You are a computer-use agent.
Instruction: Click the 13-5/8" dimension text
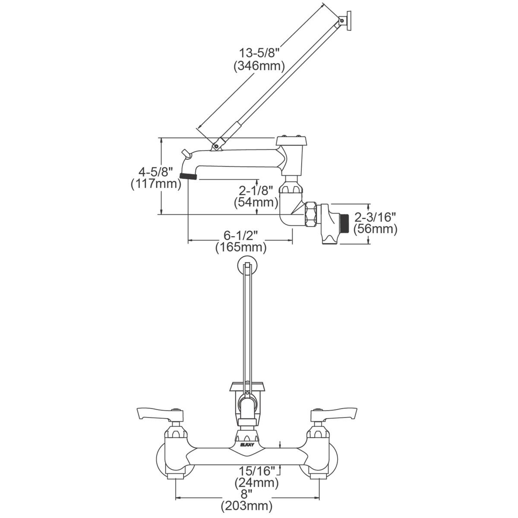(x=260, y=53)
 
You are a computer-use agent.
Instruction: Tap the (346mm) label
(x=259, y=66)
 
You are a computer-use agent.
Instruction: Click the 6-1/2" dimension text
(x=241, y=235)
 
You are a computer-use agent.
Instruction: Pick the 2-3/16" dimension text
(x=375, y=216)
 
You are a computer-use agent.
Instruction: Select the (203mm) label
(x=246, y=505)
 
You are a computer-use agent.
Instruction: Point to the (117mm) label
(x=155, y=184)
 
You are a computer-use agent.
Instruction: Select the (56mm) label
(x=375, y=229)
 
